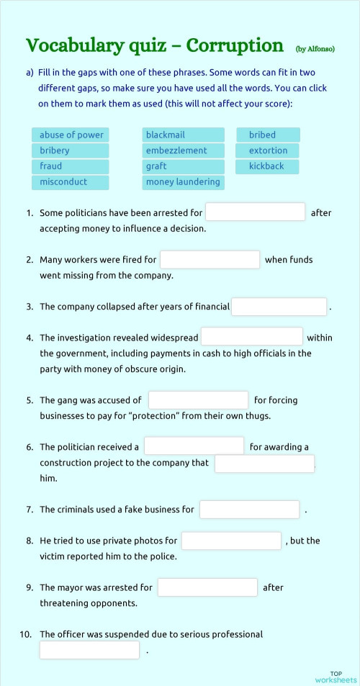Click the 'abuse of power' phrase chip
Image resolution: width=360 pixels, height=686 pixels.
click(71, 135)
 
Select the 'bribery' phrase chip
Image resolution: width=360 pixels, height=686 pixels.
click(71, 150)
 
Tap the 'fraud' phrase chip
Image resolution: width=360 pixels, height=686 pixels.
click(71, 166)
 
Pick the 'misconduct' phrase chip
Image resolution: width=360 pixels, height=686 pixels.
click(71, 182)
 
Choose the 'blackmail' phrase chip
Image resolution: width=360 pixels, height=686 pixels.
click(183, 135)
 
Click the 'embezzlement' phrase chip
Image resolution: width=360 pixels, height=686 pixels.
click(183, 150)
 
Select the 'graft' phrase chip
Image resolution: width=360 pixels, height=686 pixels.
click(183, 166)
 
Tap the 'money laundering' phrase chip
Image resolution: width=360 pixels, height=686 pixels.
click(183, 182)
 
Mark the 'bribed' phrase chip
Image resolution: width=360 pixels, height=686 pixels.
click(268, 135)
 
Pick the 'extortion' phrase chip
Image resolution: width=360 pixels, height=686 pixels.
click(268, 150)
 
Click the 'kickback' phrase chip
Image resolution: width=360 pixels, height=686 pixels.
click(268, 166)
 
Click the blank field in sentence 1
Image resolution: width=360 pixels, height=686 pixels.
click(256, 212)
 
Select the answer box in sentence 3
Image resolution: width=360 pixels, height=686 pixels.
click(279, 307)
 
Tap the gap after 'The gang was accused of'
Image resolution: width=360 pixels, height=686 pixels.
click(198, 400)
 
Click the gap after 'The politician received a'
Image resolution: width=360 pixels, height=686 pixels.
click(194, 447)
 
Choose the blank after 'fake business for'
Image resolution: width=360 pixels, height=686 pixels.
click(249, 510)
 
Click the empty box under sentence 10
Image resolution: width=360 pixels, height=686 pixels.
click(89, 651)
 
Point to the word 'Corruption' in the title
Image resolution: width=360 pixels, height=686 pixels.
click(235, 46)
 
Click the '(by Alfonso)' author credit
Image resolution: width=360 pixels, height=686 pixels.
click(315, 49)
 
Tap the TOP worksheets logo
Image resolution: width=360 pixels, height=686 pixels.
click(336, 677)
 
